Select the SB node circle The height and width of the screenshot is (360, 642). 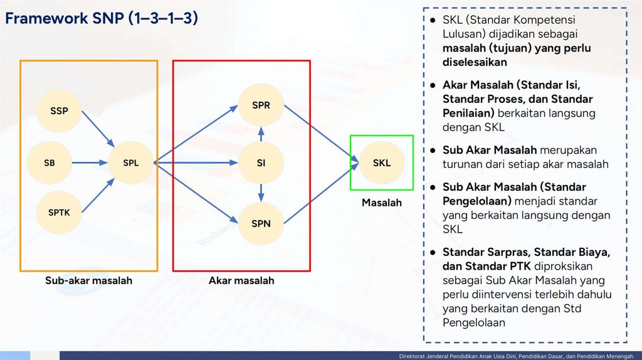[50, 163]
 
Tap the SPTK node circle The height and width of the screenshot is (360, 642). [60, 213]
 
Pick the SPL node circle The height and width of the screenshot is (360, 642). [131, 163]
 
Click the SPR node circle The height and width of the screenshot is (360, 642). [261, 105]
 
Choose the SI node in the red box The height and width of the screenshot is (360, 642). [261, 163]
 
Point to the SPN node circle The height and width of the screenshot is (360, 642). [261, 223]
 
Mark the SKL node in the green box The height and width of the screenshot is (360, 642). [382, 163]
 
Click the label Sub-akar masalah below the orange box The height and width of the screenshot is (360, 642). [88, 281]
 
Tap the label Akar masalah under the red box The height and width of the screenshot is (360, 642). [241, 281]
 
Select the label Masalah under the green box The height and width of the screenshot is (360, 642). [382, 203]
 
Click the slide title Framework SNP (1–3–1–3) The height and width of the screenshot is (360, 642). [102, 19]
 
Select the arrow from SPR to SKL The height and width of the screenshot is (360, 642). [317, 132]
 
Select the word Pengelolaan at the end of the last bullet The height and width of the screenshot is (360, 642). [473, 322]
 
